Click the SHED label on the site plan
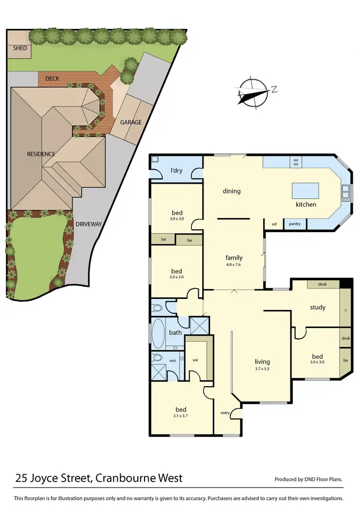click(x=20, y=48)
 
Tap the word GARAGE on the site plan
click(x=131, y=122)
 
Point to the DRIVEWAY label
click(x=89, y=224)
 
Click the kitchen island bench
click(x=306, y=190)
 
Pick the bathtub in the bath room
click(x=158, y=334)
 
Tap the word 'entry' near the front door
click(x=225, y=413)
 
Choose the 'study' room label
click(x=318, y=308)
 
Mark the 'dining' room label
click(x=231, y=191)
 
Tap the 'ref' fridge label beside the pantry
click(x=274, y=224)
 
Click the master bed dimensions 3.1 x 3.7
click(x=180, y=416)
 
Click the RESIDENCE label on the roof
click(x=41, y=154)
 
